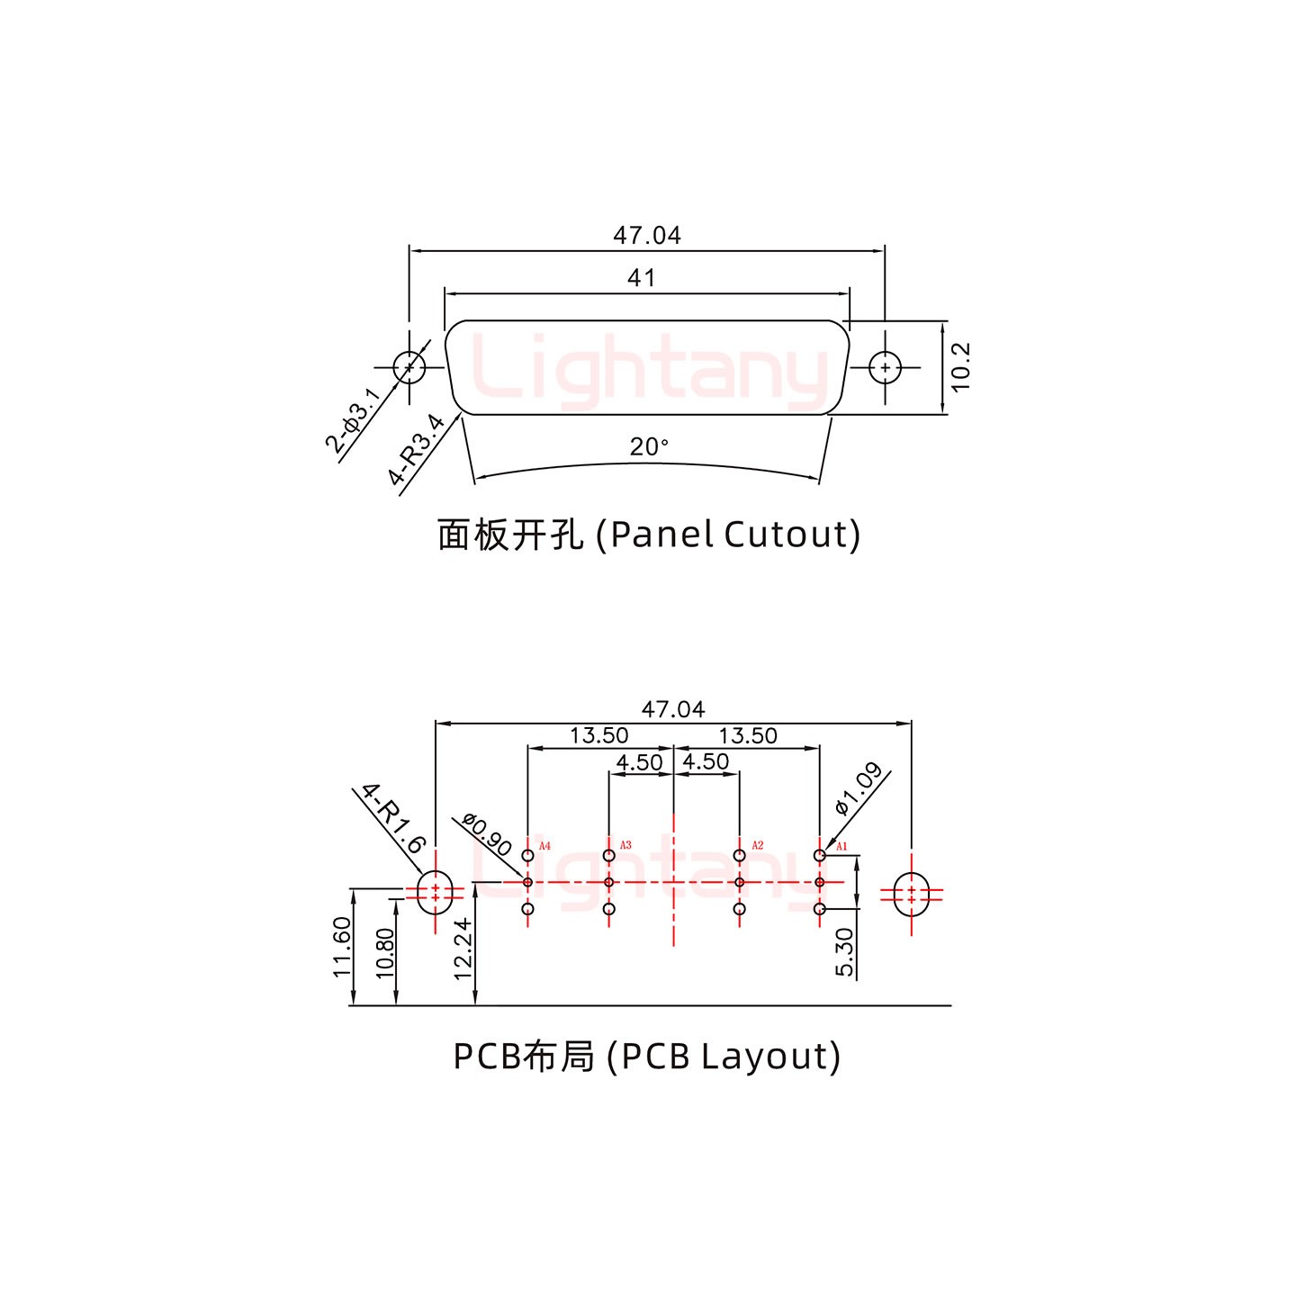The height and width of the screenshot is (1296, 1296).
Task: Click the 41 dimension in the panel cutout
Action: point(641,278)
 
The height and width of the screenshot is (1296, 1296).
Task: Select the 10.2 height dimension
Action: point(960,366)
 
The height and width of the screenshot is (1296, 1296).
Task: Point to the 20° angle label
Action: point(649,446)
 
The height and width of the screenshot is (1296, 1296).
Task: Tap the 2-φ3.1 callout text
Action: point(352,420)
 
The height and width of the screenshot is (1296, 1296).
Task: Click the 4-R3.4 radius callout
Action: point(417,449)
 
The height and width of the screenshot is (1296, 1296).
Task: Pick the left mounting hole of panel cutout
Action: point(410,367)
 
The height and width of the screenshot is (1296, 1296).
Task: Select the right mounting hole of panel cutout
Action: point(886,367)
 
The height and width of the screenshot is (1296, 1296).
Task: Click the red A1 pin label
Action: point(842,846)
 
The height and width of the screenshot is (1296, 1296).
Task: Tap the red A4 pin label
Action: point(544,846)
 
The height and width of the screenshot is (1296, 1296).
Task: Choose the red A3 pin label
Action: point(625,845)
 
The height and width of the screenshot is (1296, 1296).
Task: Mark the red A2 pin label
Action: point(757,845)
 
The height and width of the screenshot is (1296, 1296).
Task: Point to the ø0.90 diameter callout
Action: point(487,834)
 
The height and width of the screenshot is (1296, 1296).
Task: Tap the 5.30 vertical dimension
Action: point(844,952)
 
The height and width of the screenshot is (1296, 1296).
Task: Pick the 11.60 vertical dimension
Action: point(341,947)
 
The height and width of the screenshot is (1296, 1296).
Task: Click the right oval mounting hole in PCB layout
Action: point(912,894)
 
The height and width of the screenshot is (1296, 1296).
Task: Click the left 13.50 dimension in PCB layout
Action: point(598,735)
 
